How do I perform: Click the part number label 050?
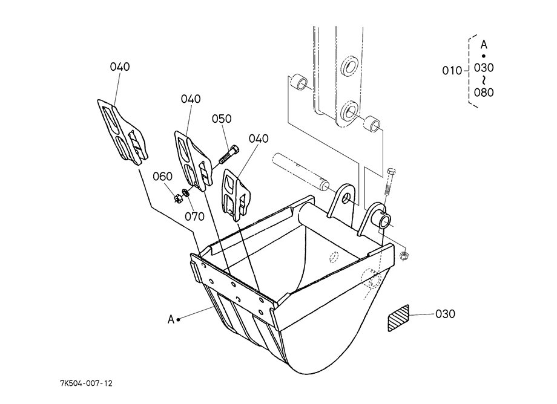pyautogui.click(x=222, y=119)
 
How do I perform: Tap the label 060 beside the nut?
pyautogui.click(x=163, y=176)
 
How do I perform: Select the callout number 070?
pyautogui.click(x=195, y=216)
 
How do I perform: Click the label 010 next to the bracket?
pyautogui.click(x=452, y=71)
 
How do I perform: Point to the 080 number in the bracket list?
pyautogui.click(x=484, y=93)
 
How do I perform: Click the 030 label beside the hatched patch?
pyautogui.click(x=445, y=314)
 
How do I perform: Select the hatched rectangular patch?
pyautogui.click(x=398, y=318)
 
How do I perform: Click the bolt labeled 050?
pyautogui.click(x=229, y=155)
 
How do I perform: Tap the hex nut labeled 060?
pyautogui.click(x=178, y=199)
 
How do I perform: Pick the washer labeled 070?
pyautogui.click(x=185, y=193)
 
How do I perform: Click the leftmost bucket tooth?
pyautogui.click(x=122, y=132)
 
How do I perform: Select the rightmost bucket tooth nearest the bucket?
pyautogui.click(x=236, y=195)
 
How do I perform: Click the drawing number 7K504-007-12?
pyautogui.click(x=87, y=383)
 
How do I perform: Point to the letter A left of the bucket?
pyautogui.click(x=171, y=319)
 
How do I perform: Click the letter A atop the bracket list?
pyautogui.click(x=484, y=45)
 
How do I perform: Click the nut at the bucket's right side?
pyautogui.click(x=404, y=256)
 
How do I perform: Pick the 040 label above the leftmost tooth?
pyautogui.click(x=120, y=67)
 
